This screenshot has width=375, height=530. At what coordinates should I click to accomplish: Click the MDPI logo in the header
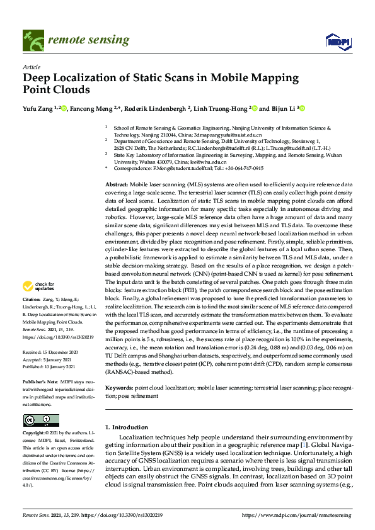tap(337, 41)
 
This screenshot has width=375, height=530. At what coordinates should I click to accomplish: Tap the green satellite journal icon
tap(32, 40)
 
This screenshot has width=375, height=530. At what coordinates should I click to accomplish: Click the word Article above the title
tap(31, 67)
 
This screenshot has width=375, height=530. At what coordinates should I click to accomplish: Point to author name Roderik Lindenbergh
tap(155, 109)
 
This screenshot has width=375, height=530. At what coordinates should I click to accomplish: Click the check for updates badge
tap(37, 288)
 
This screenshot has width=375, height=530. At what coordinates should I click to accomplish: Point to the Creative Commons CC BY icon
tap(36, 420)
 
